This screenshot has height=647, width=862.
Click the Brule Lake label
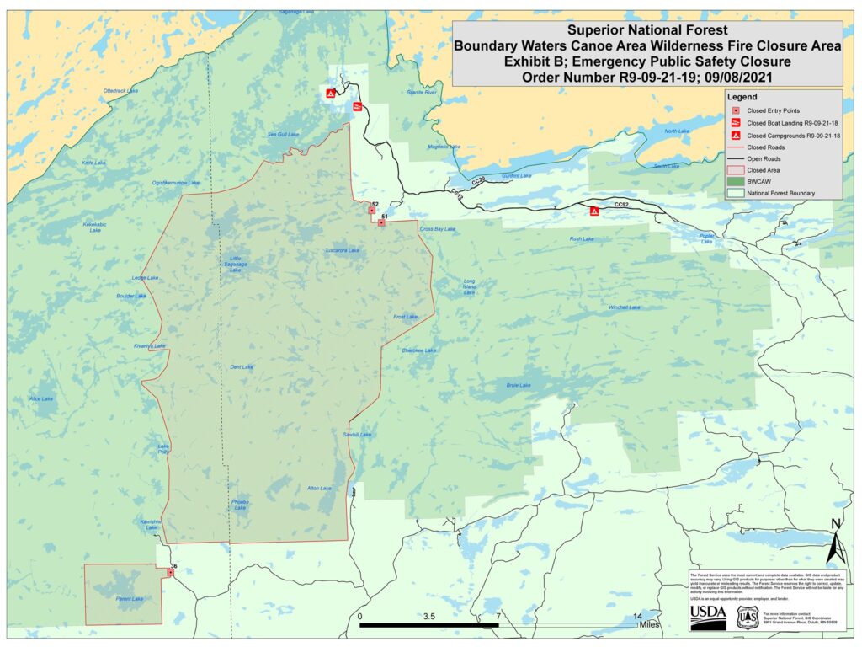pos(519,385)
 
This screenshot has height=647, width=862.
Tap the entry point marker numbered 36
pos(171,573)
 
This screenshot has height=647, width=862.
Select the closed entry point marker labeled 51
pos(381,223)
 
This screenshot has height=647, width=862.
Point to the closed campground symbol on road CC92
pos(594,211)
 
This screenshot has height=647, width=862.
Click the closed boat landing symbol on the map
pos(357,106)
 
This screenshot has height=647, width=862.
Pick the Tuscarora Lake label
pos(342,251)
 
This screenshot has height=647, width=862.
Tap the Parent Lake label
pos(130,599)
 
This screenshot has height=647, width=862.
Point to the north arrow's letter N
pos(835,525)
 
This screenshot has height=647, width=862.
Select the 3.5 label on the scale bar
pos(429,617)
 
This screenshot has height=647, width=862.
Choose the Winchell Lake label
pos(625,307)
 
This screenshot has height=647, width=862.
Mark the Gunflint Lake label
pos(517,176)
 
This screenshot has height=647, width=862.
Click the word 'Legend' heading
pos(743,96)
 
